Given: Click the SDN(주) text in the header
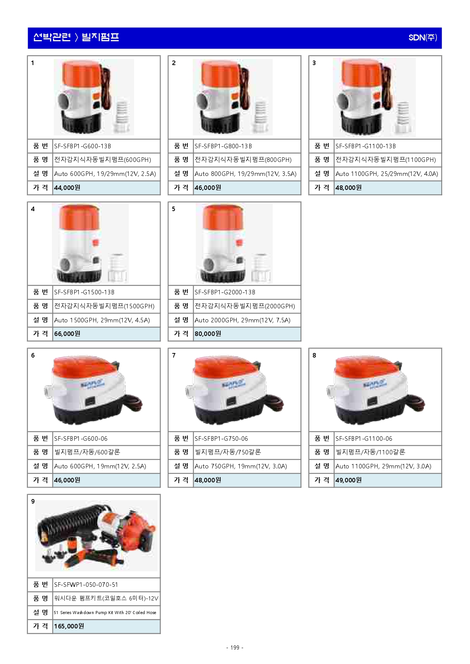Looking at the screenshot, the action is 423,37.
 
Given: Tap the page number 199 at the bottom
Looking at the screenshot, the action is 235,647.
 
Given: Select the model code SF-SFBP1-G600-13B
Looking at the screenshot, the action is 83,146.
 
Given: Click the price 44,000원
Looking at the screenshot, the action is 67,188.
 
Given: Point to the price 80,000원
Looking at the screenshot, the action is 208,334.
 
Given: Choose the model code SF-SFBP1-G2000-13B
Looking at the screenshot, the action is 225,292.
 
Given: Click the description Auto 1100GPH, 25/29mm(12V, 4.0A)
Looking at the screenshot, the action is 387,174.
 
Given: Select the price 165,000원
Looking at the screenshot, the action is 69,626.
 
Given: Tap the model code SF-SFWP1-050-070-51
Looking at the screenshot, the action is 86,585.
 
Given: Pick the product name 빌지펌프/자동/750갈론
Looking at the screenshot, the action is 228,452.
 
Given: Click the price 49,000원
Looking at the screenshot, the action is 348,480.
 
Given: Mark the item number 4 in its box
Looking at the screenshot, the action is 33,209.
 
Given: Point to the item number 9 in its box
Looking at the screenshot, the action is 33,501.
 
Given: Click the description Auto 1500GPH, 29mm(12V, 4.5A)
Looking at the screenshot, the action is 102,320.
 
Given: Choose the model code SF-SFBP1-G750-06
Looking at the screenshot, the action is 221,439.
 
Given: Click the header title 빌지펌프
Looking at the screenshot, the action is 100,37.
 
